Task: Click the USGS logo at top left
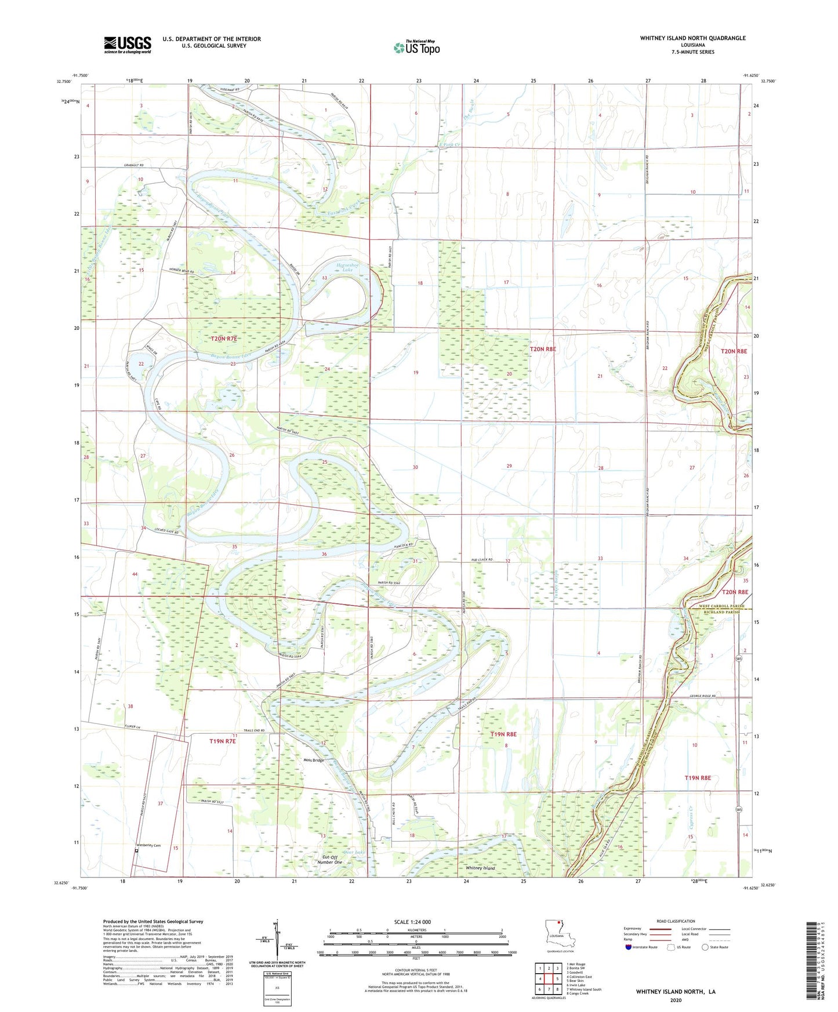click(x=128, y=45)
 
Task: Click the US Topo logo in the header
click(x=416, y=47)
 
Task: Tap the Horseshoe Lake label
click(x=348, y=267)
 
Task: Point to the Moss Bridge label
click(x=313, y=760)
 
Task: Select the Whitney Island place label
click(x=480, y=868)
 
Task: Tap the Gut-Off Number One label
click(x=330, y=860)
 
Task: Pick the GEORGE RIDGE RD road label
click(x=702, y=696)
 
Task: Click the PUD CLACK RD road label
click(x=481, y=560)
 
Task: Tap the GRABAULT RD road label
click(x=133, y=165)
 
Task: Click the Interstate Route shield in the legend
click(x=629, y=947)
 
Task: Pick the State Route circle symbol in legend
click(x=705, y=947)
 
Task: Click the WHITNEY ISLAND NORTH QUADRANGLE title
click(x=692, y=38)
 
